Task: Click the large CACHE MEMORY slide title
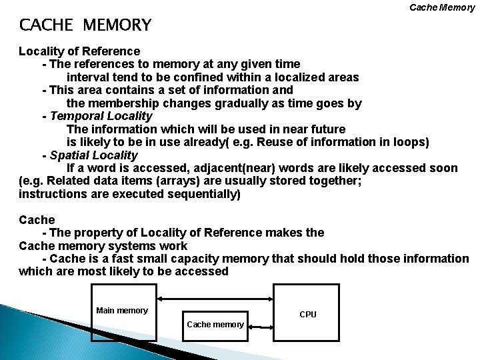pos(85,25)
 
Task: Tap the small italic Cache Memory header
pos(442,7)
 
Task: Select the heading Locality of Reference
pos(79,51)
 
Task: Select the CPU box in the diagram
pos(307,313)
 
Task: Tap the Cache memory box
pos(215,325)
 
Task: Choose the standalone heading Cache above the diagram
pos(37,219)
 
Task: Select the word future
pos(323,129)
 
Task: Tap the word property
pos(99,233)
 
